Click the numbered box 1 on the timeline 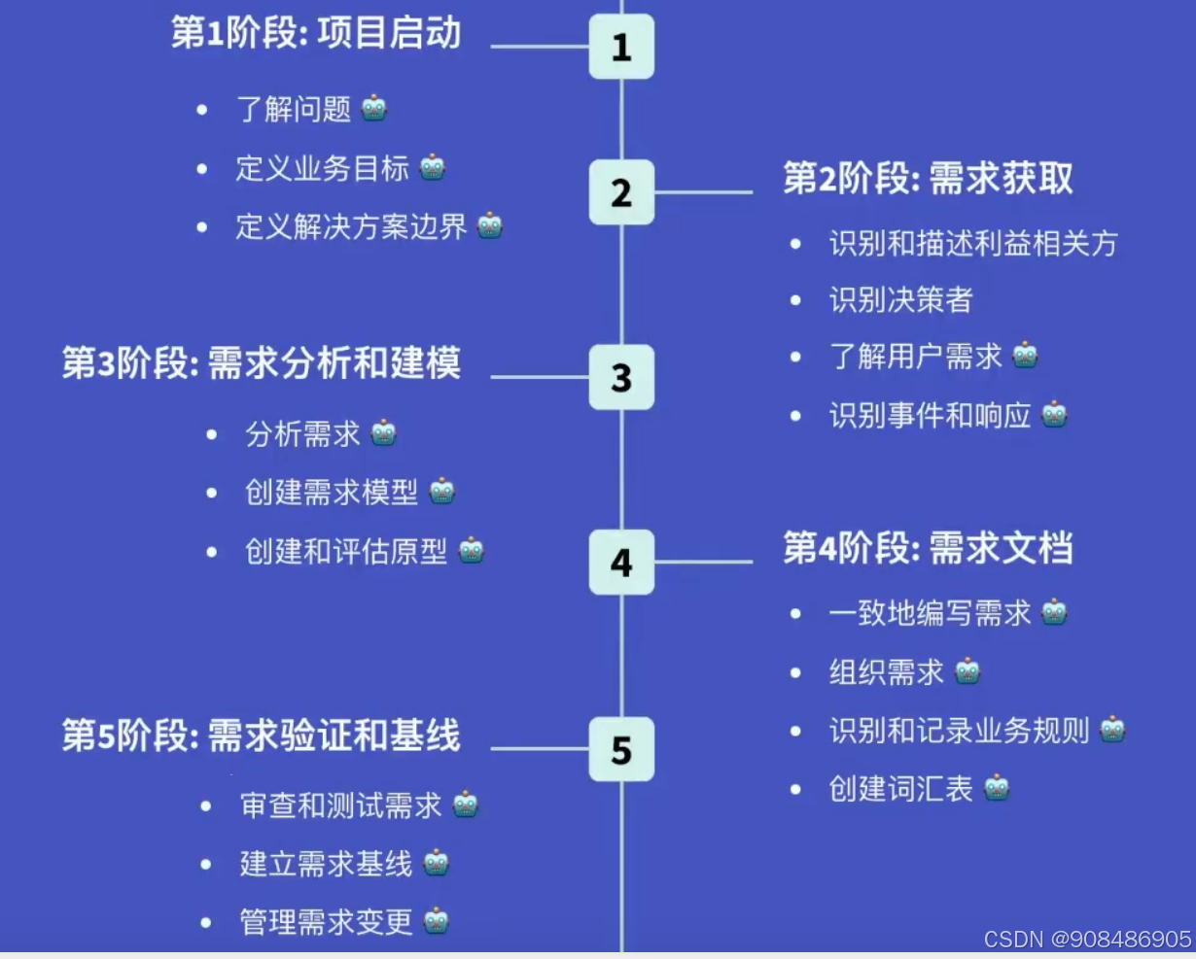(x=621, y=47)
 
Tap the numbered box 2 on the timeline (x=621, y=192)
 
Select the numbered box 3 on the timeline (x=621, y=377)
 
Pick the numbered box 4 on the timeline (x=621, y=562)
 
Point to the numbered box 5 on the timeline (x=621, y=749)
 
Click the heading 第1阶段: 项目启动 (x=316, y=34)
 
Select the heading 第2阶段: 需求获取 (x=928, y=179)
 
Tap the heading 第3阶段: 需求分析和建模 (x=261, y=363)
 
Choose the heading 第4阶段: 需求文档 (x=928, y=549)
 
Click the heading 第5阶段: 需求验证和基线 (x=261, y=736)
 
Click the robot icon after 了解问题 (x=374, y=108)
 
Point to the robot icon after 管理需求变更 (x=437, y=920)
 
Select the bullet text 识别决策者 (x=900, y=300)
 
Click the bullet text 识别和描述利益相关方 (x=973, y=243)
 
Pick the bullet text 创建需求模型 (x=332, y=493)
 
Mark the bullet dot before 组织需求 (x=795, y=672)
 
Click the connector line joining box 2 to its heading (x=703, y=192)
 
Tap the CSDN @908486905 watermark (x=1087, y=940)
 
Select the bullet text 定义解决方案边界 (x=351, y=226)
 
